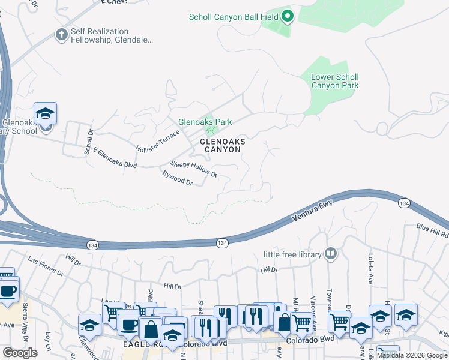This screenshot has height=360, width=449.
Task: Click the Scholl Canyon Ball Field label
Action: click(x=234, y=17)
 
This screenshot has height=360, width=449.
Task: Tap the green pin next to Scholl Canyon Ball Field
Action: click(x=287, y=17)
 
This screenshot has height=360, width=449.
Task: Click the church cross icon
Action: click(x=61, y=35)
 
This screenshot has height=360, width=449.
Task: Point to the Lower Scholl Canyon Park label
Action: click(x=334, y=81)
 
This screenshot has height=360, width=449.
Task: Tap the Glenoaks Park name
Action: click(x=205, y=122)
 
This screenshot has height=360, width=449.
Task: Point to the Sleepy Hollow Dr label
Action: click(x=194, y=169)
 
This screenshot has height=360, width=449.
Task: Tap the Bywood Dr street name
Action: click(x=178, y=178)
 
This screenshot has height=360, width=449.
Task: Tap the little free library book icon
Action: click(x=330, y=254)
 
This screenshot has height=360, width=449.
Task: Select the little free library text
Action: click(x=292, y=255)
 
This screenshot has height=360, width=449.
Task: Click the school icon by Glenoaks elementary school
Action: click(x=45, y=113)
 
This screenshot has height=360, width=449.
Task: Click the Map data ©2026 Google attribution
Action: click(x=412, y=355)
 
